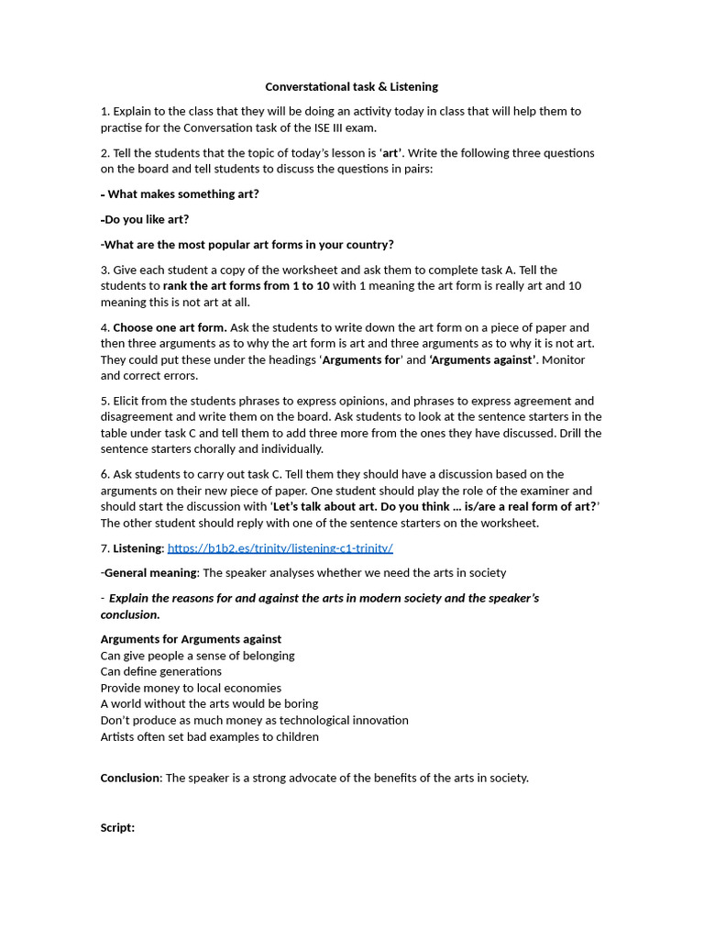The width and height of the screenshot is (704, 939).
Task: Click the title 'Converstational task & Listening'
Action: click(351, 87)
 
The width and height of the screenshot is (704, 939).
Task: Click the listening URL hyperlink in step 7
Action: click(280, 548)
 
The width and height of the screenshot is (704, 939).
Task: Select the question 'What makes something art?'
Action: click(182, 194)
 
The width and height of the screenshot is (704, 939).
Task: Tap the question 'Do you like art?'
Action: click(146, 220)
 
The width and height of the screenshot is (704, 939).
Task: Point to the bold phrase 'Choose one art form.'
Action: click(170, 327)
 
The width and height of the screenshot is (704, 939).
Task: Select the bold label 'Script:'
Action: click(117, 828)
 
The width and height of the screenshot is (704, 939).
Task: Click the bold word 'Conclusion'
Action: click(130, 779)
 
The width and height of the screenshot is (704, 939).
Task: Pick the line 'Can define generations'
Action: click(160, 672)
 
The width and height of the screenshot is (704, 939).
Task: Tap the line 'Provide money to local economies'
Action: click(191, 689)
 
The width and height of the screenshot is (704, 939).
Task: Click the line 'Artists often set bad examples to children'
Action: click(209, 737)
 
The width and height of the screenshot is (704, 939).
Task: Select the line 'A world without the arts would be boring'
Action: click(209, 704)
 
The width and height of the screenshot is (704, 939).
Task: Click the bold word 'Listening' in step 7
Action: click(137, 548)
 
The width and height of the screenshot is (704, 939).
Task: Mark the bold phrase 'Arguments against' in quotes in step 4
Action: click(483, 360)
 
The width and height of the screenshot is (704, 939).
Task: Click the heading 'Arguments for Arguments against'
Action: click(191, 639)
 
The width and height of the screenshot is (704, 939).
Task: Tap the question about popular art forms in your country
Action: click(247, 245)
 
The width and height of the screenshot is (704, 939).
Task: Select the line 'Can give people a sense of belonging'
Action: click(197, 656)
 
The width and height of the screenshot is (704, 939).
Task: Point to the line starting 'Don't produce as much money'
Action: click(254, 721)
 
